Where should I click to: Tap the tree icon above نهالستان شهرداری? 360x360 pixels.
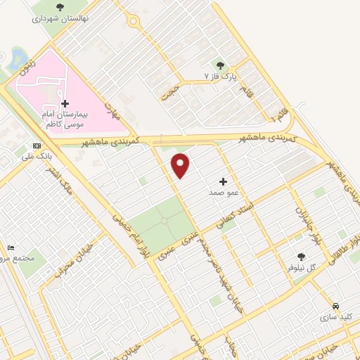click(x=59, y=8)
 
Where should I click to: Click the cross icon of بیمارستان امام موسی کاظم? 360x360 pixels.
click(x=65, y=103)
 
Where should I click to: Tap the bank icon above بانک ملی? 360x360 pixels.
click(x=37, y=147)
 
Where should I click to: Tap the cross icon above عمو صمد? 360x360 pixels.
click(x=223, y=181)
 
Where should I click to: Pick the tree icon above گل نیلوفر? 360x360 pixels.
click(x=302, y=257)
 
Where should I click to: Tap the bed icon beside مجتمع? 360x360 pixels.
click(x=10, y=247)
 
